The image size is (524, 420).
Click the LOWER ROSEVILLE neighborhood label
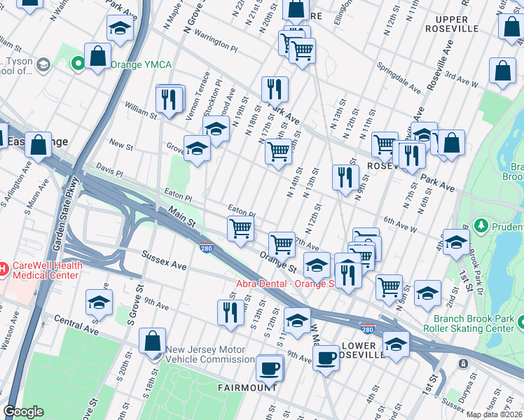(x=363, y=350)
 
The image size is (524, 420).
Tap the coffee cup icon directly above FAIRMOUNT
(x=268, y=367)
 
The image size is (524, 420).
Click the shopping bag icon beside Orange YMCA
(x=98, y=56)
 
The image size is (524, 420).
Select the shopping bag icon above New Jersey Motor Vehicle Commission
(x=152, y=341)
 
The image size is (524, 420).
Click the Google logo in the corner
(x=23, y=412)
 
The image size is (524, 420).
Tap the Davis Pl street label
(x=109, y=170)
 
